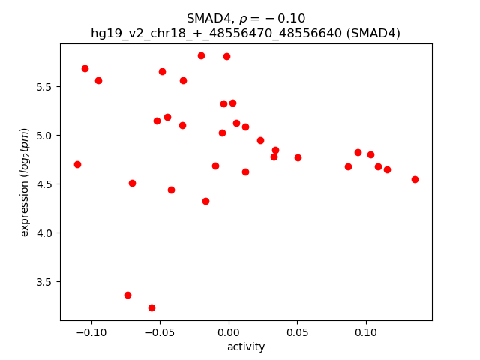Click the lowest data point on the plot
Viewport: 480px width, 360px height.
tap(151, 307)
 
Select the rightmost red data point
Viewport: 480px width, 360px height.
tap(415, 179)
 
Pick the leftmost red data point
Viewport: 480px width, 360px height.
tap(77, 164)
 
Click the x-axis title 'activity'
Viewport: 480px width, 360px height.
tap(246, 346)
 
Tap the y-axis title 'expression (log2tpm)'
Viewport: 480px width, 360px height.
tap(25, 182)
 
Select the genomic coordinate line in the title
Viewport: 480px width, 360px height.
tap(245, 33)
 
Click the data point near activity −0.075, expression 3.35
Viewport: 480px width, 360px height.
tap(127, 295)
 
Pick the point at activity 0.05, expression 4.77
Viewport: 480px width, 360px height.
tap(298, 157)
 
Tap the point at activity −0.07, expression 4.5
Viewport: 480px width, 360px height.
tap(132, 183)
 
